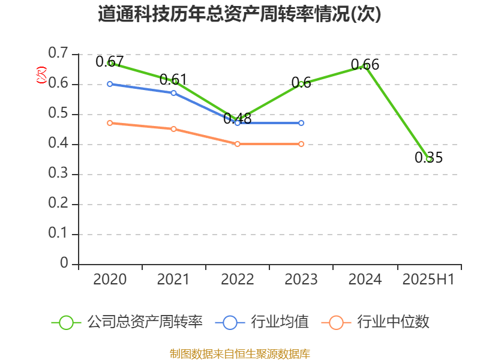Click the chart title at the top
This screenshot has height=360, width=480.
[x=239, y=14]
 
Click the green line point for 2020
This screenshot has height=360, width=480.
[x=110, y=63]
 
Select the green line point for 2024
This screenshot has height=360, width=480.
[x=366, y=66]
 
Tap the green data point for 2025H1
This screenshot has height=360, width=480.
[x=429, y=159]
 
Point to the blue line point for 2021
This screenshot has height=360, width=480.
[x=174, y=93]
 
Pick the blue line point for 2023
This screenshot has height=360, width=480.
[x=301, y=123]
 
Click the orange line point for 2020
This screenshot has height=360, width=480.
[x=110, y=123]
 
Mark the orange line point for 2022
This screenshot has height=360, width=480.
[x=238, y=144]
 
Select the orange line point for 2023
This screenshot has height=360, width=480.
[x=301, y=144]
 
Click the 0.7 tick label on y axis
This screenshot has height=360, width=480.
[x=59, y=54]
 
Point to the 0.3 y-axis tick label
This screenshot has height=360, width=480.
[x=59, y=174]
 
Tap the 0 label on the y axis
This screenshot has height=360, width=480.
[x=65, y=264]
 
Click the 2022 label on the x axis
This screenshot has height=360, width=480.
[x=238, y=280]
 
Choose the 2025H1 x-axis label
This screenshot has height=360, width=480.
[x=428, y=280]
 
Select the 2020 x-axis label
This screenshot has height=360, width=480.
[x=110, y=280]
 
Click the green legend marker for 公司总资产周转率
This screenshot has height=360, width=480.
[x=66, y=322]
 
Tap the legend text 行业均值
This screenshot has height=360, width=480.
[x=280, y=322]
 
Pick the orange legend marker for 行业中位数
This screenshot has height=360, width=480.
[x=336, y=322]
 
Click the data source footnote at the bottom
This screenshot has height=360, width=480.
[x=239, y=353]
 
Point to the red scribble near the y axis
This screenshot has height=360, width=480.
[x=41, y=75]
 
